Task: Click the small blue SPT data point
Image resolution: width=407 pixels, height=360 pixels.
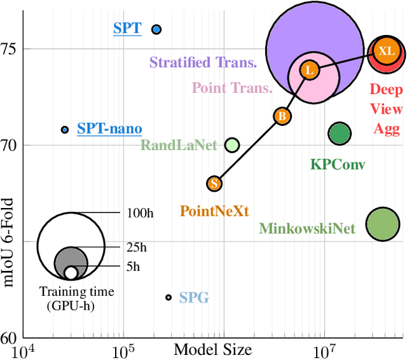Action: click(x=156, y=29)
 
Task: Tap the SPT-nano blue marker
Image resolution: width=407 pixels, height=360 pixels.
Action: click(x=64, y=129)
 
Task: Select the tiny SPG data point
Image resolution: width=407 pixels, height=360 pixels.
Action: click(x=169, y=297)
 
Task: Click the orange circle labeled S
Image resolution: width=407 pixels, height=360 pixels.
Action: click(x=215, y=183)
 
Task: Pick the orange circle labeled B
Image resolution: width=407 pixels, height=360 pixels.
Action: click(x=282, y=116)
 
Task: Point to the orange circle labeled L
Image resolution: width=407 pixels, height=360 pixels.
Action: click(x=309, y=70)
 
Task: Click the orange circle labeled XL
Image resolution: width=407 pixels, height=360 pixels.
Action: click(x=386, y=51)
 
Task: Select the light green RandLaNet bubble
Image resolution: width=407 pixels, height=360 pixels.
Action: click(x=232, y=145)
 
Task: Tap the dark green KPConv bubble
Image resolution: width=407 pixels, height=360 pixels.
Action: click(x=340, y=134)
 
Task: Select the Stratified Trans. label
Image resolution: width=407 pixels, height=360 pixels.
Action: click(x=203, y=62)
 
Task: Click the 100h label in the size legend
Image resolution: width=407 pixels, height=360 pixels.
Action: click(x=140, y=212)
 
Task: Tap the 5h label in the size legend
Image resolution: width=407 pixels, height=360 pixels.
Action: click(x=133, y=267)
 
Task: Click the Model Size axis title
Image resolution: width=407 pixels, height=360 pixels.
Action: click(x=212, y=349)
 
